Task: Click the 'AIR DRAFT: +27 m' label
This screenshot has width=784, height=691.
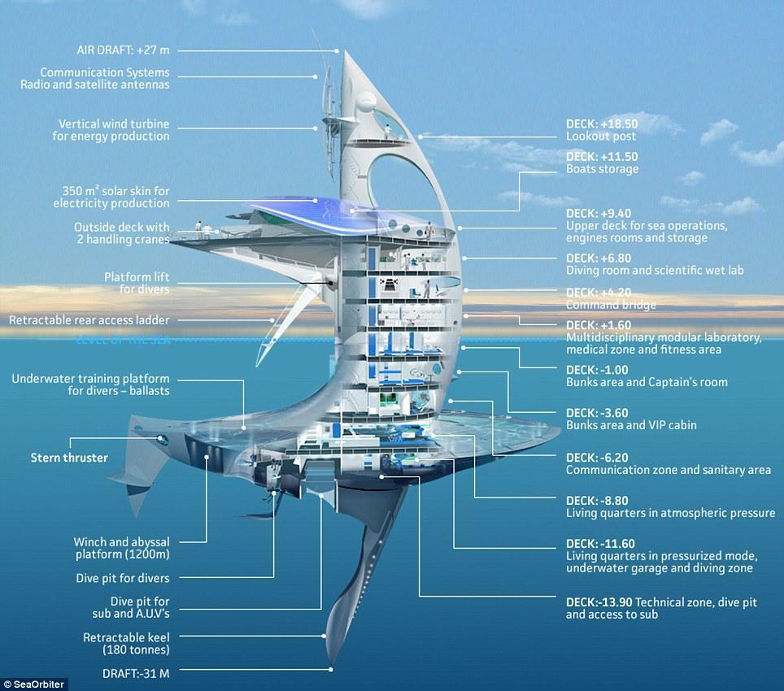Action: point(123,50)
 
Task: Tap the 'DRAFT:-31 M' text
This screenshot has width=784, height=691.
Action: point(136,673)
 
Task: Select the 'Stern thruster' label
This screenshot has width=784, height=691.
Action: point(69,458)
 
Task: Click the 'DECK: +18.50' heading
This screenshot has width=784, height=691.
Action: point(602,124)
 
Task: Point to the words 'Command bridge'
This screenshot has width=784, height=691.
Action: point(611,305)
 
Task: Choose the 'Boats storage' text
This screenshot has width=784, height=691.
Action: point(602,169)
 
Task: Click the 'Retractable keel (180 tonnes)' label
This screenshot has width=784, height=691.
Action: point(126,644)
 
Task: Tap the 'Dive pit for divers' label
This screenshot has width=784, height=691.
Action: point(123,578)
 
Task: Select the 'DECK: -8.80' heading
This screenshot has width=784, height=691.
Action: point(597,501)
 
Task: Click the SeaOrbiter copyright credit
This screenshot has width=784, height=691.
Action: point(34,684)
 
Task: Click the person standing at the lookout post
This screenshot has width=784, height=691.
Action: point(386,132)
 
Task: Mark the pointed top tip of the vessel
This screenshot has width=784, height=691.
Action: point(345,50)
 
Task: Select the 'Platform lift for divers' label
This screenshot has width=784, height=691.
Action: point(137,283)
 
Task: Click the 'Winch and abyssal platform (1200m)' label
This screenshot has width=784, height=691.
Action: point(121,548)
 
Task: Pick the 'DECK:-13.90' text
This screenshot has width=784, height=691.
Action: point(599,602)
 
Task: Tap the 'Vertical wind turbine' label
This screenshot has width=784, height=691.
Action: point(114,124)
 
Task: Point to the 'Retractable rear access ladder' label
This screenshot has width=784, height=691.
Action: point(89,320)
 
